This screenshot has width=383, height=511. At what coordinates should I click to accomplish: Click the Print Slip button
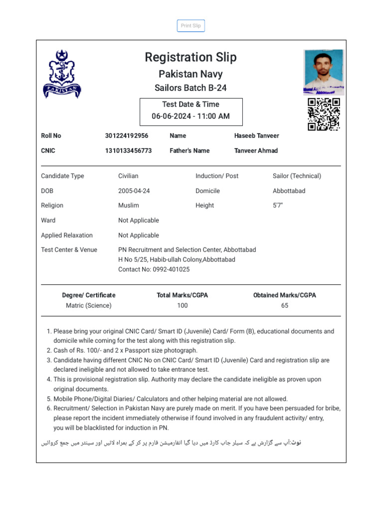tap(191, 26)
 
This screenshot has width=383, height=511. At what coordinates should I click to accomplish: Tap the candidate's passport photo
tap(323, 72)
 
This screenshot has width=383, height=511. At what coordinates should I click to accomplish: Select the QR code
tap(324, 114)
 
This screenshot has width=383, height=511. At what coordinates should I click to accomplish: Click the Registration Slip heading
tap(191, 57)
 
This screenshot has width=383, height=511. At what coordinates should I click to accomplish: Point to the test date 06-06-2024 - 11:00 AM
tap(191, 116)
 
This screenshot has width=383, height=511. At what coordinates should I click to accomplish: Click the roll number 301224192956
tap(127, 136)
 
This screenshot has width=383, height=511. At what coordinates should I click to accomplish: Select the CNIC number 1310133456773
tap(128, 151)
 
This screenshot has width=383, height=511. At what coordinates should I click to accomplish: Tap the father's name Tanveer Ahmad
tap(256, 151)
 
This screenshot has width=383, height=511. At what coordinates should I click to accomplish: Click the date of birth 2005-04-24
tap(134, 191)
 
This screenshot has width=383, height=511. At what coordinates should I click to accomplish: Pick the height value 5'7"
tap(278, 206)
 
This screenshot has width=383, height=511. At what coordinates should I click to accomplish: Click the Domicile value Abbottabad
tap(289, 191)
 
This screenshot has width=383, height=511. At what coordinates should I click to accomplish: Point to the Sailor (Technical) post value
tap(297, 176)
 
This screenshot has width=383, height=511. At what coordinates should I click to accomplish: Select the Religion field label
tap(52, 206)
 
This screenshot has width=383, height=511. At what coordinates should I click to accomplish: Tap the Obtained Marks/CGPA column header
tap(284, 295)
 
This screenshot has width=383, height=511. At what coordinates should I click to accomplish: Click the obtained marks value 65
tap(284, 306)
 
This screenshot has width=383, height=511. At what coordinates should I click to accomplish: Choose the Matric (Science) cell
tap(89, 306)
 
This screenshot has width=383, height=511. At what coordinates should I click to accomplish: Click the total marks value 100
tap(183, 306)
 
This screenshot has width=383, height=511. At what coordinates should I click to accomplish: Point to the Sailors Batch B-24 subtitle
tap(191, 88)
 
